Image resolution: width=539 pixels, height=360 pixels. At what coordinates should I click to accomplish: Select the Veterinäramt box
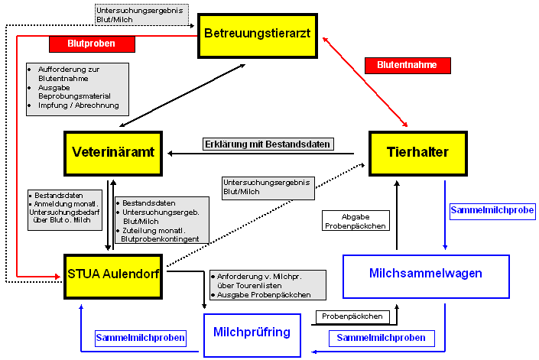(x=113, y=152)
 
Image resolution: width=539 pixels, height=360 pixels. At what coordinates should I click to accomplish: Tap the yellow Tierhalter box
(x=418, y=152)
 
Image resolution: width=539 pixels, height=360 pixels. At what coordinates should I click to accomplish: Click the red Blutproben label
(x=91, y=44)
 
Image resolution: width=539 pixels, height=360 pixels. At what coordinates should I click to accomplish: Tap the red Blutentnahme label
(x=407, y=65)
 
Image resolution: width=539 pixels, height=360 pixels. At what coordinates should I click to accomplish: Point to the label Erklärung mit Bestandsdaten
(x=268, y=144)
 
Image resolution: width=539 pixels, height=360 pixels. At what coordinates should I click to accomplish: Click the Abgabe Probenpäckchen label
(x=355, y=221)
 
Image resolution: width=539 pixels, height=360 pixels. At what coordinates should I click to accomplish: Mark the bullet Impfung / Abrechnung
(x=73, y=105)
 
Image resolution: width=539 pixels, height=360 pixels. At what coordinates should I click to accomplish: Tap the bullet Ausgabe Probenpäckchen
(x=264, y=294)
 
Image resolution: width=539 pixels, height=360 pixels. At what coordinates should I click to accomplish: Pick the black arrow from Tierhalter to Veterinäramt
(x=260, y=154)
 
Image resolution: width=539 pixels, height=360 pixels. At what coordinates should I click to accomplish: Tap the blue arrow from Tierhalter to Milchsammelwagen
(x=445, y=214)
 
